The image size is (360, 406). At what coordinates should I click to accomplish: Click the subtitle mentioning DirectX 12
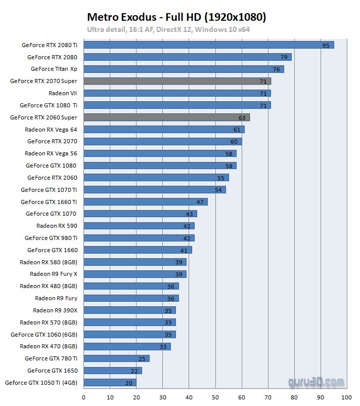tap(168, 29)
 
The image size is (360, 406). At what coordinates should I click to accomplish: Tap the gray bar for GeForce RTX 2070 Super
tap(177, 81)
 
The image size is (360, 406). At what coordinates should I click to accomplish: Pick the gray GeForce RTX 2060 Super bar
tap(166, 117)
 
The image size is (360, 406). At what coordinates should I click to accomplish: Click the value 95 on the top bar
tap(326, 45)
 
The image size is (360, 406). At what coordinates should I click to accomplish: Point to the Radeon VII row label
tap(63, 93)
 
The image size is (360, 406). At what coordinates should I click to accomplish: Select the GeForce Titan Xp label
tap(54, 69)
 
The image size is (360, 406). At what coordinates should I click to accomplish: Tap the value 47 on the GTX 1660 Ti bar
tap(200, 202)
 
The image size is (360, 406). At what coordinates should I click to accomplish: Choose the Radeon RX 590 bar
tap(139, 226)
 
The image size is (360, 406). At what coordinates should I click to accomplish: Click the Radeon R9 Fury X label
tap(54, 274)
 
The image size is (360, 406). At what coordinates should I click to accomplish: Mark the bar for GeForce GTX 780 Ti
tap(116, 358)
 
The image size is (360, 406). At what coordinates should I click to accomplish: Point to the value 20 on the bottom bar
tap(128, 383)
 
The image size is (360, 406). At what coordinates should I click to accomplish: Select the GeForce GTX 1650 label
tap(52, 371)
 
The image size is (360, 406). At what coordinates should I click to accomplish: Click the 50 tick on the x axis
tap(215, 397)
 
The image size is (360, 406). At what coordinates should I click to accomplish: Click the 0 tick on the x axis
tap(83, 397)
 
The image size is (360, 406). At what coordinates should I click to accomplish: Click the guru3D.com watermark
tap(316, 382)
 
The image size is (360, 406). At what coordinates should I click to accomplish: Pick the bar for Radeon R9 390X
tap(129, 310)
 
